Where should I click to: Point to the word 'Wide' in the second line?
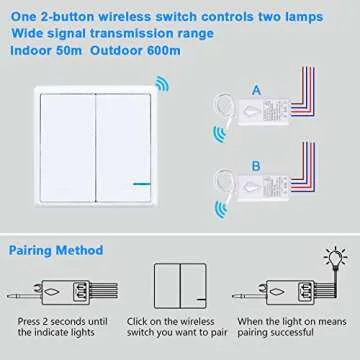[27, 30]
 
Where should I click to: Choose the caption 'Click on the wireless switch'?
[179, 333]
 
